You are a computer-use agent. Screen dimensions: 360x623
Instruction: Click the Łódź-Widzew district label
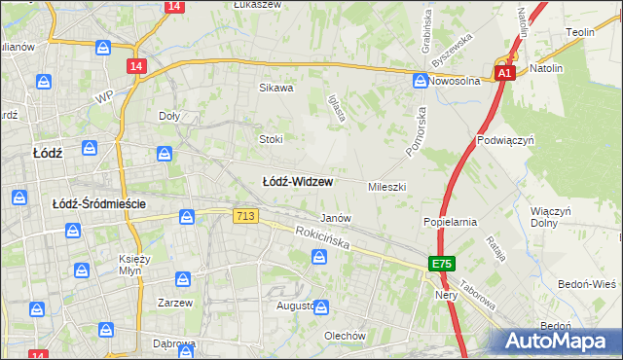point(299,182)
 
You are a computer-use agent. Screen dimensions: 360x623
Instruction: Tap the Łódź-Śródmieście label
point(98,203)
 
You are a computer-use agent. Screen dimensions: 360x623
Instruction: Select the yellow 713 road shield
point(245,215)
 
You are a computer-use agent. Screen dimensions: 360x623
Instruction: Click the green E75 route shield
point(442,264)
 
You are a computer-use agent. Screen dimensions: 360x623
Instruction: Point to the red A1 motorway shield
point(504,73)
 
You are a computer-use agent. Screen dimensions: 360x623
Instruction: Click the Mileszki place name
point(386,186)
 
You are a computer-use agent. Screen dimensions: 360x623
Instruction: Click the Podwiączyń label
point(507,140)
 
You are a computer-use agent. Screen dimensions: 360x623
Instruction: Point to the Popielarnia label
point(450,222)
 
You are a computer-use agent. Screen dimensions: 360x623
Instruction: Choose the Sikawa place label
point(275,88)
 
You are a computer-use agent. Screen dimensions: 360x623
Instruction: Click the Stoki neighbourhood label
point(271,139)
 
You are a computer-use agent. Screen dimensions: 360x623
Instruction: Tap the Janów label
point(336,218)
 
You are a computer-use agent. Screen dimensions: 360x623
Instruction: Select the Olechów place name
point(345,336)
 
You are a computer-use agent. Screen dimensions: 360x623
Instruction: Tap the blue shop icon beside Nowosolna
point(420,82)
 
